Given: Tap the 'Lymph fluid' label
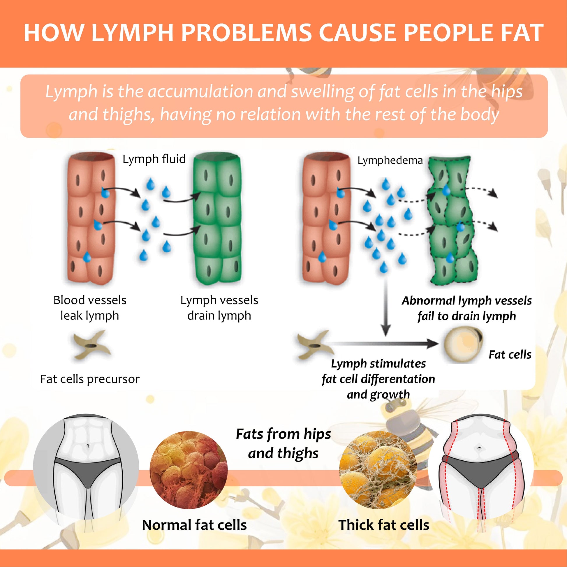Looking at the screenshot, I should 154,159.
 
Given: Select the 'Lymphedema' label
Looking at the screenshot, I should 390,161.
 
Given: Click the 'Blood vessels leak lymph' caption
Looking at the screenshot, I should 90,308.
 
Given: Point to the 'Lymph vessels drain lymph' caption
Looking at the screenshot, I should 219,308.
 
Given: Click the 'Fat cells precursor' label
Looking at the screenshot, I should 90,379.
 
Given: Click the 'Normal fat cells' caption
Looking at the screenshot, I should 194,525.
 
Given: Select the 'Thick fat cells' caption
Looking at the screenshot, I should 384,525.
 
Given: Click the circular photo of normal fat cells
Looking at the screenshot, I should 189,470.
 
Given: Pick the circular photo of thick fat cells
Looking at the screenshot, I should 378,470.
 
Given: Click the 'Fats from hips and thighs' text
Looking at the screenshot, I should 283,443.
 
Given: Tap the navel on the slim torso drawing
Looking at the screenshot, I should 88,446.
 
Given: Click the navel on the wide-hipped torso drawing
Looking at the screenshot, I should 479,448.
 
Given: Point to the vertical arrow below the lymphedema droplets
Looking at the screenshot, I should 386,308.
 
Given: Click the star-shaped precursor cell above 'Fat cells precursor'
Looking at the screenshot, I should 92,345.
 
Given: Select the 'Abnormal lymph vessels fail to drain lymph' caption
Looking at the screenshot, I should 467,309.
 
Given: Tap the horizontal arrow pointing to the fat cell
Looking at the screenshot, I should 381,343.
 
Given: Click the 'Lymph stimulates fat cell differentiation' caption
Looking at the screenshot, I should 378,379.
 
